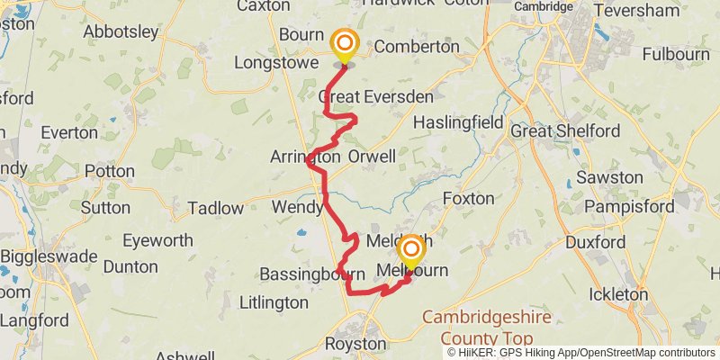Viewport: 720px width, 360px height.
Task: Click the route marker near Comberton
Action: pos(344,44)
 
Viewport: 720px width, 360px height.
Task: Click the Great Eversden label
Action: pos(376,96)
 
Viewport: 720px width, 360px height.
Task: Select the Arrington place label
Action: pos(305,157)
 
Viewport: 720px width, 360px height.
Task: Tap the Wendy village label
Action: pos(297,208)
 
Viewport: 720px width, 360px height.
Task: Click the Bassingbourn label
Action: pos(311,274)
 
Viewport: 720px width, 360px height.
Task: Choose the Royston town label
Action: pos(355,344)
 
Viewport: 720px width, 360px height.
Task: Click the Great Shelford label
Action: pos(564,130)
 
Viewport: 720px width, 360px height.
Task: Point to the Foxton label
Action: pos(469,197)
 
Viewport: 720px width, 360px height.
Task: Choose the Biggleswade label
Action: pos(49,256)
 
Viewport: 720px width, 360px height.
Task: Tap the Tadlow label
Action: pos(215,209)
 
